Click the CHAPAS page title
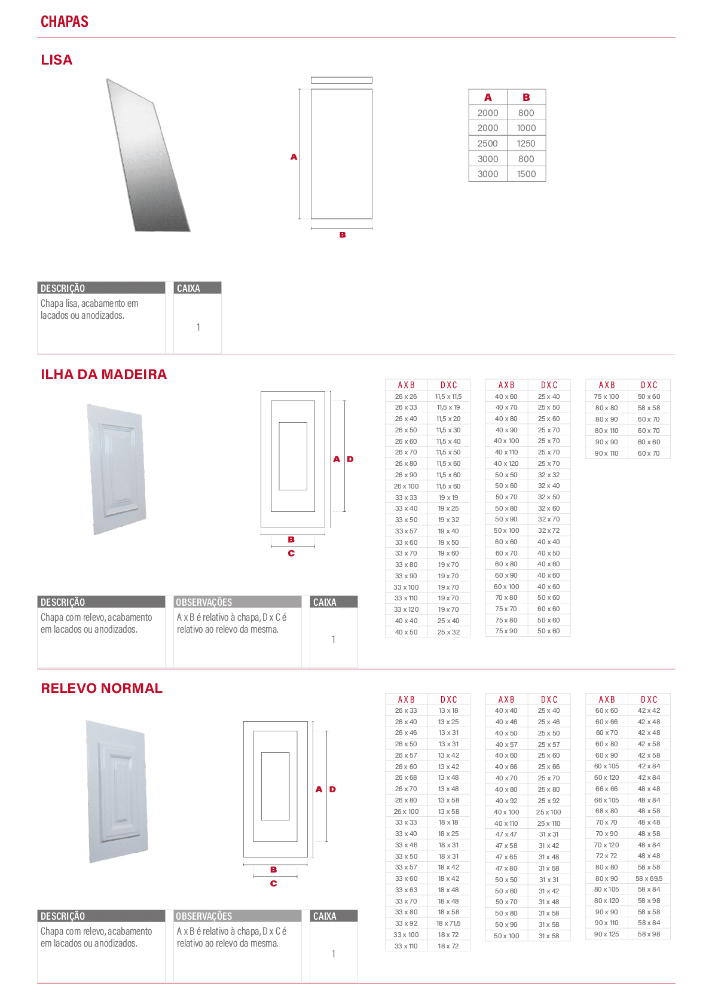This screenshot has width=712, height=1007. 65,22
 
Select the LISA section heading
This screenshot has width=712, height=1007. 57,60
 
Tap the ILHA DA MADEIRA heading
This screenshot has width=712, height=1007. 104,374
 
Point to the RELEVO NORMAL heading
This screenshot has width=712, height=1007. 102,688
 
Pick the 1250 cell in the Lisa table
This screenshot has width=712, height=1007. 526,144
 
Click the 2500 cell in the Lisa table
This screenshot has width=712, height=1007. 488,144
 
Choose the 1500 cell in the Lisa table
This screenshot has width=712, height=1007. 526,174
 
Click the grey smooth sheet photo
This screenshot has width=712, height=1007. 148,155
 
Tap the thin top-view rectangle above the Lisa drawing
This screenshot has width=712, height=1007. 341,81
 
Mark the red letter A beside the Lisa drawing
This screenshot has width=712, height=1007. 294,157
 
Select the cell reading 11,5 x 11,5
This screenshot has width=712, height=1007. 448,396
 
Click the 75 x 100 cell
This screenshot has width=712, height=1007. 606,396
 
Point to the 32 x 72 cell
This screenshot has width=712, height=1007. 549,530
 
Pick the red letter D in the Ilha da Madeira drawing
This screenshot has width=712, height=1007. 350,459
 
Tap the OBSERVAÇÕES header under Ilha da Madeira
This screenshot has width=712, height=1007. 204,602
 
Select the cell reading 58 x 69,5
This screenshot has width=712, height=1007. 649,878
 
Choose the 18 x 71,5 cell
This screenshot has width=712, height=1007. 448,923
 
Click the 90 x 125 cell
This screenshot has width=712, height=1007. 606,934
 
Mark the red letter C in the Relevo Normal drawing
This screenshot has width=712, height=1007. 274,883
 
